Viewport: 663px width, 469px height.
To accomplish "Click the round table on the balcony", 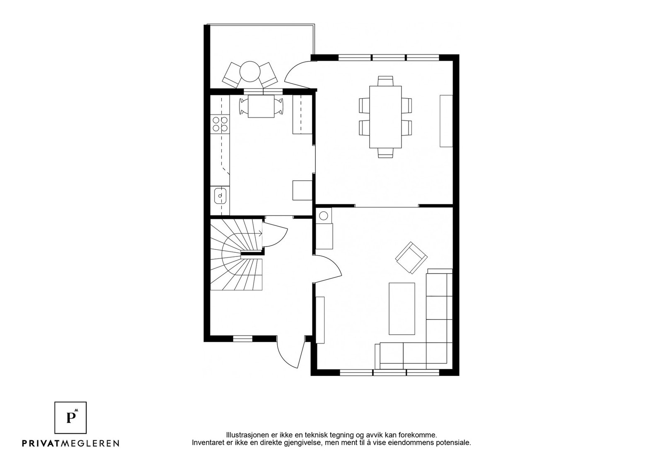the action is point(250,71).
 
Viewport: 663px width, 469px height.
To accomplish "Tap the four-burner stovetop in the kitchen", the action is point(220,124).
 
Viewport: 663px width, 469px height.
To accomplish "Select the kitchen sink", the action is point(220,196).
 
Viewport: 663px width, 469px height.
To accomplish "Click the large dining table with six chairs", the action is point(385,117).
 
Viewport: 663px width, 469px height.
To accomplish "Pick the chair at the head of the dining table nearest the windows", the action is point(385,81).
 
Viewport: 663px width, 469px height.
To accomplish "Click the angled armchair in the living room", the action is point(411,257).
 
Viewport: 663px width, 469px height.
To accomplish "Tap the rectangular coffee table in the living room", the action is point(402,309).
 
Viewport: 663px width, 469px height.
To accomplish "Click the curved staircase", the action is point(236,254).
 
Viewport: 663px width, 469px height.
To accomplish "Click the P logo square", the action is point(70,418).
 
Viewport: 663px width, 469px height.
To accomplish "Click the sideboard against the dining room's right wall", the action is point(446,121).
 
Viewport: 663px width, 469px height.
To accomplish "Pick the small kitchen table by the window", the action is point(261,106).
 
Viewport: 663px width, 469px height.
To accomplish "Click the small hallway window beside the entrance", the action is point(243,338).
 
